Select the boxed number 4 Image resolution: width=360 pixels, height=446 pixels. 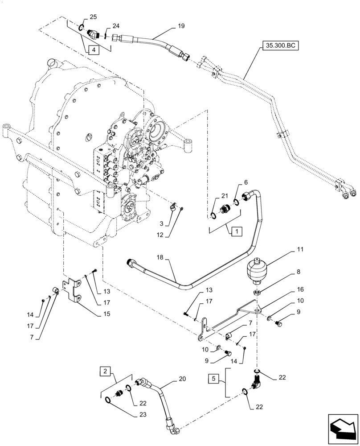pyautogui.click(x=94, y=50)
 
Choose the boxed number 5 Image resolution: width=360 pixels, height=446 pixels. pyautogui.click(x=213, y=380)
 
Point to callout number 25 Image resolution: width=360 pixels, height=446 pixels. pyautogui.click(x=93, y=17)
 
